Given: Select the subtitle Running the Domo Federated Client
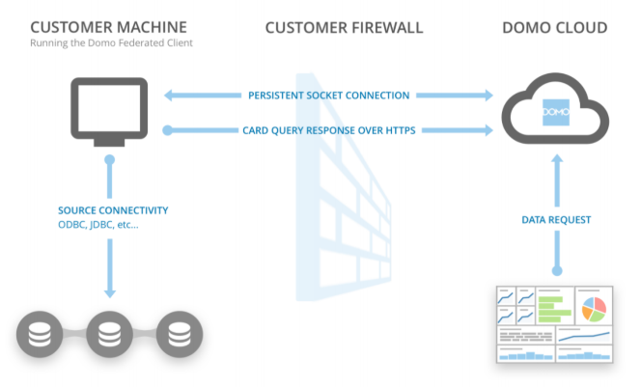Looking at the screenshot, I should click(x=110, y=43).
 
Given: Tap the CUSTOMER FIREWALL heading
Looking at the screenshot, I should click(x=344, y=27).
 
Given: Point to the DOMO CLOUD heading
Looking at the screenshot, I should click(x=555, y=27).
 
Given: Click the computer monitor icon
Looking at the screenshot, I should click(x=110, y=111).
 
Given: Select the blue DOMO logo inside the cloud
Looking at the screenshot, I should click(x=555, y=114).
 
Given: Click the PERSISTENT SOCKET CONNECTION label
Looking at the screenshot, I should click(x=328, y=96).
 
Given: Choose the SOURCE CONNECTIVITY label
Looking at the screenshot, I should click(x=112, y=211).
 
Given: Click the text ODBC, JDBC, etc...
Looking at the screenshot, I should click(x=98, y=226).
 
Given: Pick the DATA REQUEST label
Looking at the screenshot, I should click(x=555, y=219).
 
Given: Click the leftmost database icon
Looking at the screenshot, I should click(x=39, y=335).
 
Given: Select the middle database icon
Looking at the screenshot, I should click(x=109, y=335).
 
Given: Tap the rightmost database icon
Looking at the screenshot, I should click(x=179, y=335).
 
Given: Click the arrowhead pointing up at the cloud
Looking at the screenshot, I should click(x=555, y=165).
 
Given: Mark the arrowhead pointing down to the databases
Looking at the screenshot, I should click(x=109, y=291).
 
